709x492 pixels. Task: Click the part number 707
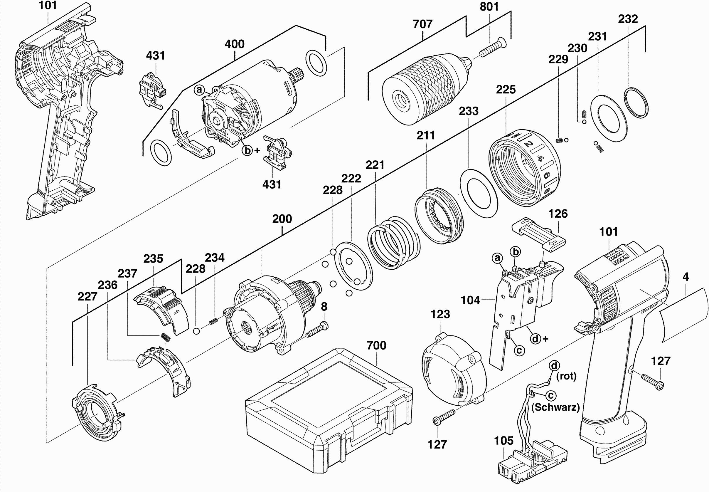click(x=422, y=24)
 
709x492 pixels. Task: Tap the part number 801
click(x=489, y=7)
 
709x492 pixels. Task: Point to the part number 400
click(x=235, y=44)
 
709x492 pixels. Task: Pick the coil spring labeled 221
click(x=393, y=244)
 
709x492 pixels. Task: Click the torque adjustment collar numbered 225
click(x=524, y=168)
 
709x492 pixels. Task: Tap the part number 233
click(x=468, y=111)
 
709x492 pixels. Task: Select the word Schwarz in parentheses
click(x=555, y=407)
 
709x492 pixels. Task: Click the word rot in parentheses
click(x=566, y=376)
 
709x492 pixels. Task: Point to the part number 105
click(x=504, y=441)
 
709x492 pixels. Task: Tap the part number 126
click(x=558, y=214)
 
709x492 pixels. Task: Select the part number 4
click(x=686, y=277)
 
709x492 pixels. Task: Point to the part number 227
click(x=87, y=297)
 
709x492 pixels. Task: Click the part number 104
click(x=470, y=300)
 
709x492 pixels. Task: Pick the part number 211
click(x=425, y=135)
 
